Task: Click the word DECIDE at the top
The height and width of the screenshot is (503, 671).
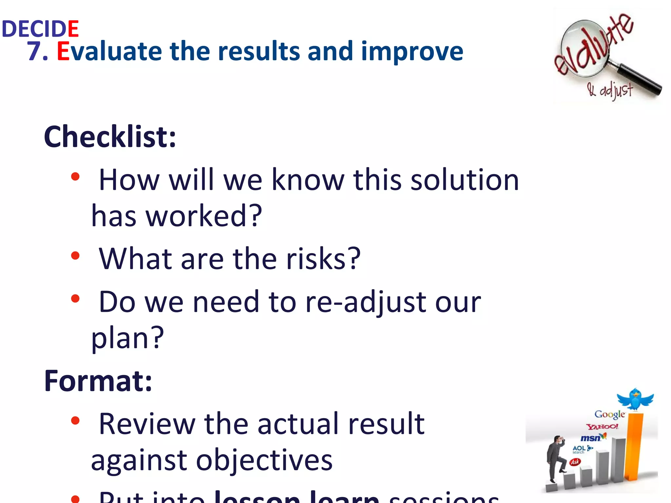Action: coord(40,29)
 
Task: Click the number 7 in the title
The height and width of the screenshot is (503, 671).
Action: coord(34,51)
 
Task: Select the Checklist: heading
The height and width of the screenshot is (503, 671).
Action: coord(110,137)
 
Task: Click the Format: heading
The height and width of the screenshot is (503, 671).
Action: coord(98,381)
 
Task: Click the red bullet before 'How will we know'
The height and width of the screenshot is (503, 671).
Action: coord(75,177)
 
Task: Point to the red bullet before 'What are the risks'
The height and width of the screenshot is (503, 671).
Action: coord(75,255)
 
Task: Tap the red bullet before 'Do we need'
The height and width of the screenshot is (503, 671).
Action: coord(75,298)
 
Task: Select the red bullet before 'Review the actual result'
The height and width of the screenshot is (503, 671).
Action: coord(75,420)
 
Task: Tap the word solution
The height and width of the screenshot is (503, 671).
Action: coord(465,180)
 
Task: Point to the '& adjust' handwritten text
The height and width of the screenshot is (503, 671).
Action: coord(610,90)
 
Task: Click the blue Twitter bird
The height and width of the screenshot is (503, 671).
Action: coord(635,399)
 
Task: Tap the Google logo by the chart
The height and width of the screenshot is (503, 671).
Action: coord(609,415)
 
